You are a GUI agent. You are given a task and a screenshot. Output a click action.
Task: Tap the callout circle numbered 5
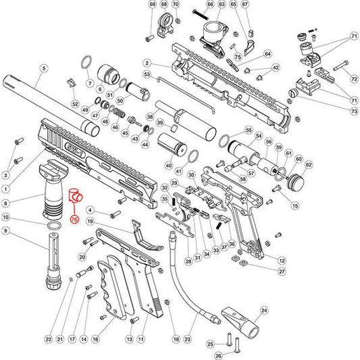point(44,68)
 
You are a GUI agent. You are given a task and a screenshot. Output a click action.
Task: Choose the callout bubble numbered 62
point(309,164)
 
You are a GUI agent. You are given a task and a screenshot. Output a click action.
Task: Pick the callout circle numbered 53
point(147,74)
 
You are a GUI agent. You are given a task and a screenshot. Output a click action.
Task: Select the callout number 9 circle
point(6,230)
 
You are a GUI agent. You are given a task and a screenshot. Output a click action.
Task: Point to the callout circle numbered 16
point(96,338)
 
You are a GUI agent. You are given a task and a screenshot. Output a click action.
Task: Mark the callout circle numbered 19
point(90,222)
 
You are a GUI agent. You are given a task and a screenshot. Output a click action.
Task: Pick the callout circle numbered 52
point(76,104)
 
